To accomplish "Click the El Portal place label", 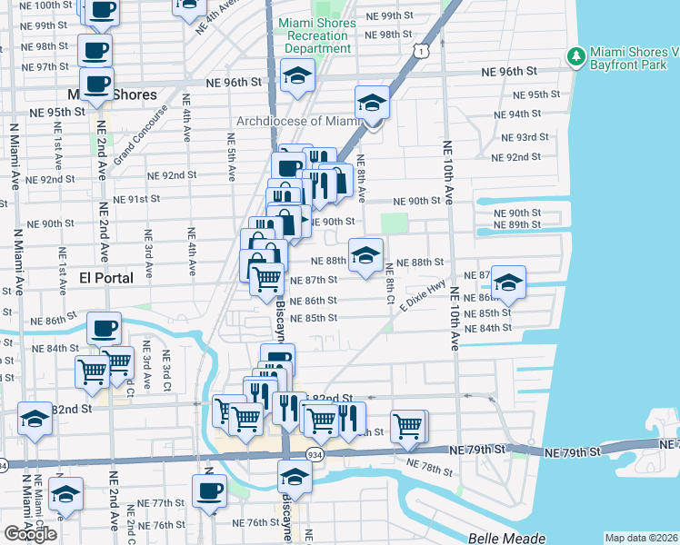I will [x=106, y=278].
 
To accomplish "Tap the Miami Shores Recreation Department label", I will [x=316, y=36].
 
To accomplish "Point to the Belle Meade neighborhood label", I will [x=506, y=538].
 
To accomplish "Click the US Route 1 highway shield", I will [x=418, y=53].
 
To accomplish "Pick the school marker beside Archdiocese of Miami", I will [x=372, y=104].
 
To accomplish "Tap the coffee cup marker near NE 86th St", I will [x=104, y=328].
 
